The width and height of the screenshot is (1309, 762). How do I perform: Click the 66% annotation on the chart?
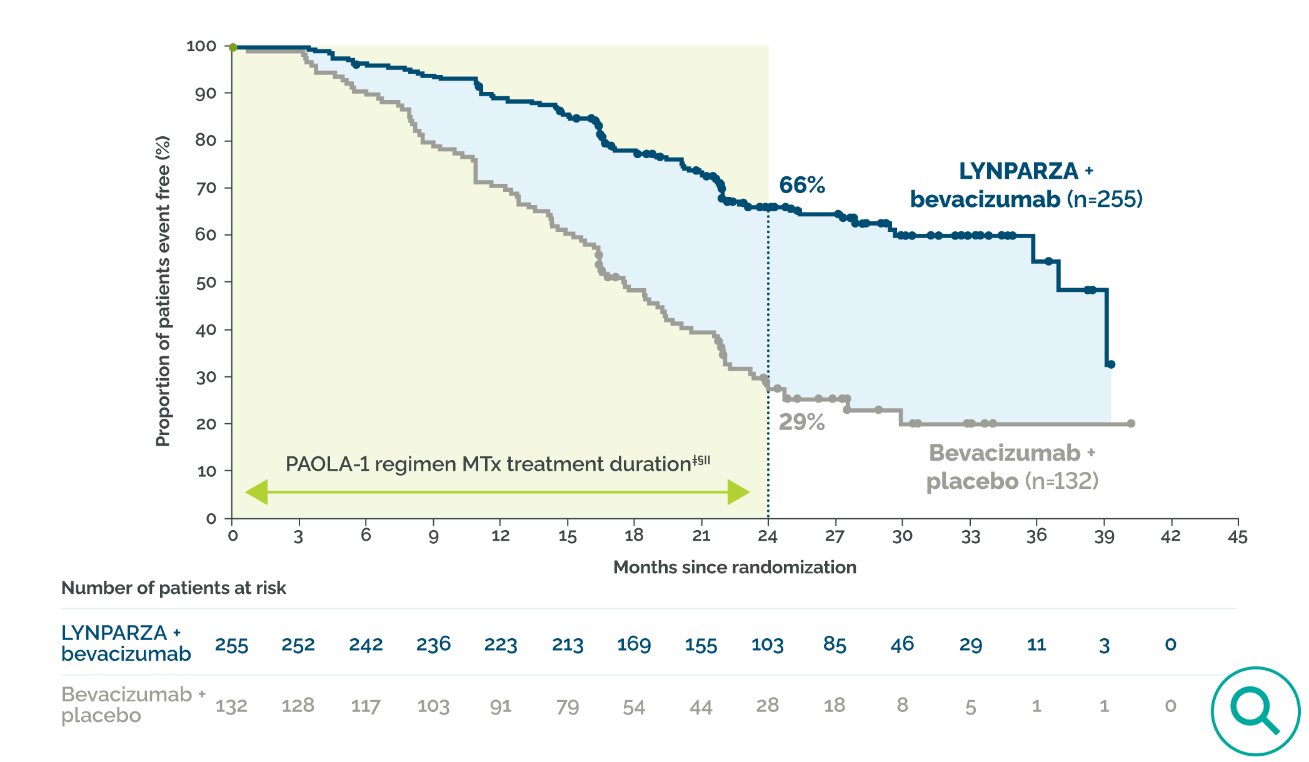coord(801,185)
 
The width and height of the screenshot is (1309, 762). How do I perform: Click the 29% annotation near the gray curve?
coord(801,423)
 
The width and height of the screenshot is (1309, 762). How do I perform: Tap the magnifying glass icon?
coord(1255,711)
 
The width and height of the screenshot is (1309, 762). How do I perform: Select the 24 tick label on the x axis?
coord(768,536)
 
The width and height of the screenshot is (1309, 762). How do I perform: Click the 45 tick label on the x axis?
coord(1237,537)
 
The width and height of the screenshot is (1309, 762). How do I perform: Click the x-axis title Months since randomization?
coord(735,567)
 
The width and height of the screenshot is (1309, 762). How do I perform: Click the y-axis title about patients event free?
coord(163,291)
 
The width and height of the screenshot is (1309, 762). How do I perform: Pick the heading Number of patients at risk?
coord(173,588)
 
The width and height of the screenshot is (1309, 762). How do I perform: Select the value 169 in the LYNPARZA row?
coord(634,644)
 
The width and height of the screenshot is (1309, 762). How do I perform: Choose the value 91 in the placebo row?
coord(500,706)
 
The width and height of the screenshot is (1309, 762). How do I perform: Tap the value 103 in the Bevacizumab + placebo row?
coord(433,706)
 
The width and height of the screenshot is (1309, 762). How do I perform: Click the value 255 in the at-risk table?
coord(231,644)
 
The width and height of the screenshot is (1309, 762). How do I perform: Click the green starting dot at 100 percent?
coord(233,48)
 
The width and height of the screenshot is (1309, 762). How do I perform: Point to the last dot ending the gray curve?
coord(1131,424)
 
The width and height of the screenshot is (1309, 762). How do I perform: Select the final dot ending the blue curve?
coord(1111,364)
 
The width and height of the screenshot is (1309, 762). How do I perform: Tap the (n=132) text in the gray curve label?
coord(1061,481)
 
